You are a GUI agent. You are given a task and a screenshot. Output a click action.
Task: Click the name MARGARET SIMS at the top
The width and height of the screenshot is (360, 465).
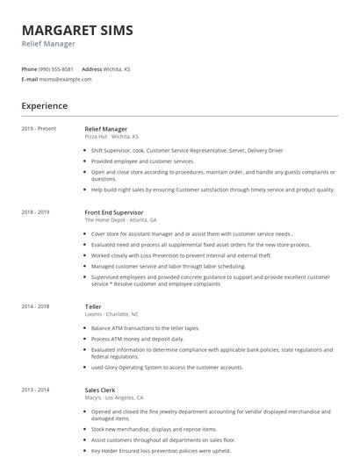(x=77, y=30)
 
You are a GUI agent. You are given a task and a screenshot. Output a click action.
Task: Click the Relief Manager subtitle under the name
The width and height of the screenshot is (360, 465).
(x=48, y=44)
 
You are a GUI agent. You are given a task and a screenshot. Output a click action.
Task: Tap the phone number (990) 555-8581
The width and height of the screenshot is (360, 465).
(x=56, y=68)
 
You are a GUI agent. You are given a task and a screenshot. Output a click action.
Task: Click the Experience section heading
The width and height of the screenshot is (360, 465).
(x=45, y=106)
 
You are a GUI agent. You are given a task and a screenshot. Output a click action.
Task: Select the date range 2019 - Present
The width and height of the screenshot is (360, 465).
(x=39, y=129)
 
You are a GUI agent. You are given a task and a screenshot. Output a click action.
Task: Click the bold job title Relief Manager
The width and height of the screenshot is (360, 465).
(x=105, y=129)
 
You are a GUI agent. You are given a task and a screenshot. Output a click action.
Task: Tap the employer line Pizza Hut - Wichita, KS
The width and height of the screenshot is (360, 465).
(x=112, y=137)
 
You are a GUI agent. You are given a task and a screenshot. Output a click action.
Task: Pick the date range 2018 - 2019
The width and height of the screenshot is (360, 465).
(x=35, y=212)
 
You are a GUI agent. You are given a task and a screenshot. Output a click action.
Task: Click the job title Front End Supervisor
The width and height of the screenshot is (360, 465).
(x=114, y=212)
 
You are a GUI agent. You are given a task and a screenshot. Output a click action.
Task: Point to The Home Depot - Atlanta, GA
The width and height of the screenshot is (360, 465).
(x=120, y=220)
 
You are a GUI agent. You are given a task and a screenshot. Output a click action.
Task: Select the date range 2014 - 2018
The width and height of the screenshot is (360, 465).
(x=35, y=305)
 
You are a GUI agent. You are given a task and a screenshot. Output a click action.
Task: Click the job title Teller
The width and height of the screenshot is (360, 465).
(x=93, y=305)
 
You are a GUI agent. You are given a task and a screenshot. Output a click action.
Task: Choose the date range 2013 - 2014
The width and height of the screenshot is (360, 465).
(x=35, y=389)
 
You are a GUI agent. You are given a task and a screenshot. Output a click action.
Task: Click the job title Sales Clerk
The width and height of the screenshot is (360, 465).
(x=100, y=389)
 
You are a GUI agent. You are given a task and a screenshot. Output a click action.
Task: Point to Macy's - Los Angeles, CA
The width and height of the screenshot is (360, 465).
(x=119, y=397)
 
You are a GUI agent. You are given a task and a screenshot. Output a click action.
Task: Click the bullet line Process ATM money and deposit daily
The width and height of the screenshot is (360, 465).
(x=138, y=338)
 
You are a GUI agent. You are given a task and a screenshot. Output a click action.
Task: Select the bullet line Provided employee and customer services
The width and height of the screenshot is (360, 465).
(x=142, y=161)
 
